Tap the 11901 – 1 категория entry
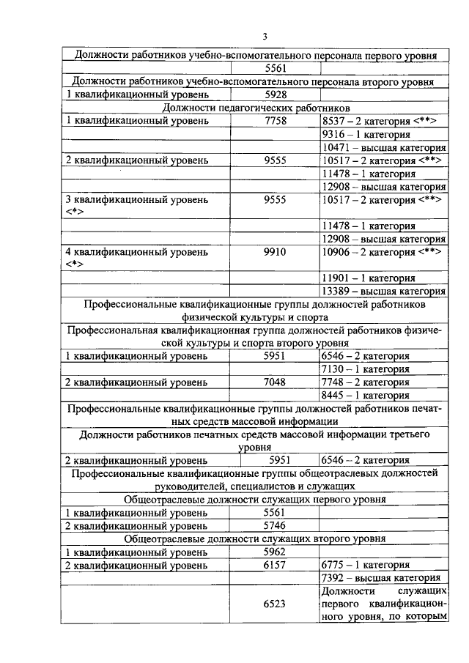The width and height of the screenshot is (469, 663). (x=369, y=278)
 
